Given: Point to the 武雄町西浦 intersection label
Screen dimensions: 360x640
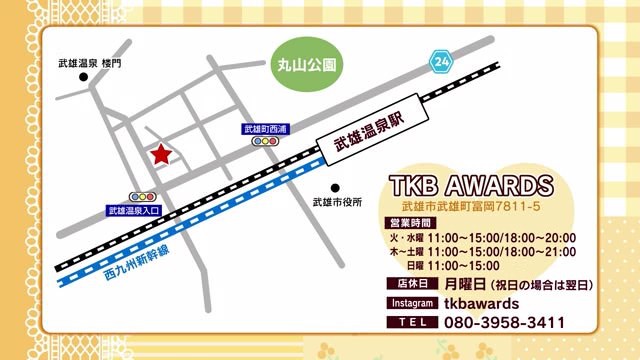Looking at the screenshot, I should [x=265, y=129].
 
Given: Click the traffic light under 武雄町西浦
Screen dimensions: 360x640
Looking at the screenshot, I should [x=265, y=143].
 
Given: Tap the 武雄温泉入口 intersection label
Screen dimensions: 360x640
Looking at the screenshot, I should [x=134, y=211].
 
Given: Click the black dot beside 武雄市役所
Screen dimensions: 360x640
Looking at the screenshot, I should [x=336, y=186].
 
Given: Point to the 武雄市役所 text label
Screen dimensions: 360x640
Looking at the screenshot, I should [x=336, y=202].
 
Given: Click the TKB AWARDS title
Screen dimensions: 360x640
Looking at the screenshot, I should [x=470, y=186].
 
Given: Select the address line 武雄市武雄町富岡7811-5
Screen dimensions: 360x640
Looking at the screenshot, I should [x=470, y=206].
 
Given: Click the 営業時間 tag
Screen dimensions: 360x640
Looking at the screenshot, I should [x=408, y=222].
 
